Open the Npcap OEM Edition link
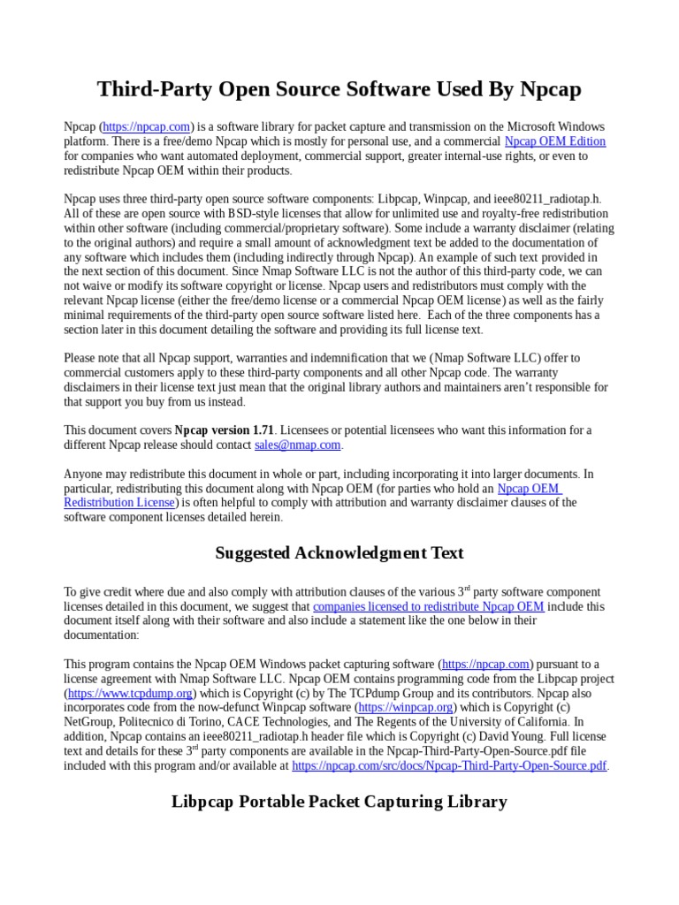click(554, 141)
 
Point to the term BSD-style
click(254, 214)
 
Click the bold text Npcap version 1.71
click(225, 430)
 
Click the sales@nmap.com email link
click(297, 445)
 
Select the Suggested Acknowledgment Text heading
click(339, 553)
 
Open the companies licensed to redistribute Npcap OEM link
click(429, 606)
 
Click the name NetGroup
click(92, 722)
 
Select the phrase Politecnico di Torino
click(177, 722)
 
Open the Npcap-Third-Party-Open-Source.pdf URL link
click(449, 765)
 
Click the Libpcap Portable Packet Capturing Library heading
click(339, 802)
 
